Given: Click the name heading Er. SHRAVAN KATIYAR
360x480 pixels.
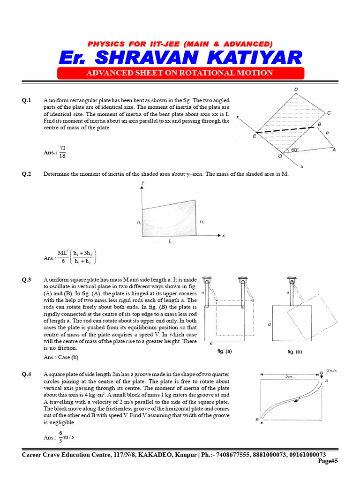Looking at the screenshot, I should coord(180,58).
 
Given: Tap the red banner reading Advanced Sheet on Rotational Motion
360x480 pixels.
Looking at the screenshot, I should coord(180,73).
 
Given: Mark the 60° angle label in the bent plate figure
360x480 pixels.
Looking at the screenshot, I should coord(294,150).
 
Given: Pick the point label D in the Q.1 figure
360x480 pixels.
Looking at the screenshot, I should coord(296,90).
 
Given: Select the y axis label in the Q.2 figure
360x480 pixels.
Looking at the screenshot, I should coord(142,182).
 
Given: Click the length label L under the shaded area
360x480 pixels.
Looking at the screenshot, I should coord(169,240).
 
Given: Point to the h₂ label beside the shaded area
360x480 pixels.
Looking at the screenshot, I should coord(202,221).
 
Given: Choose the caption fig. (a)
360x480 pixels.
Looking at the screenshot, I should coord(225,351).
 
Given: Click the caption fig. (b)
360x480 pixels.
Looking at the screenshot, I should coord(295,351).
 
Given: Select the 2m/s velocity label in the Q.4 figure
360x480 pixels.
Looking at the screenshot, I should coord(332,370).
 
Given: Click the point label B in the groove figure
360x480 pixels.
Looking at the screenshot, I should coord(257,420).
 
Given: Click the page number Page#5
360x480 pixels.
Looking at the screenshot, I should coord(328,461).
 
